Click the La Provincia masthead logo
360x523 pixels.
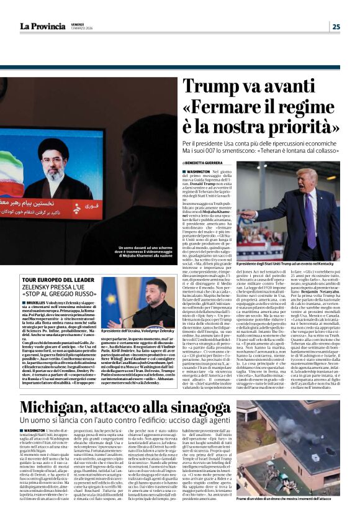[42, 26]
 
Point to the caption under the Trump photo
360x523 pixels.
[288, 264]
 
